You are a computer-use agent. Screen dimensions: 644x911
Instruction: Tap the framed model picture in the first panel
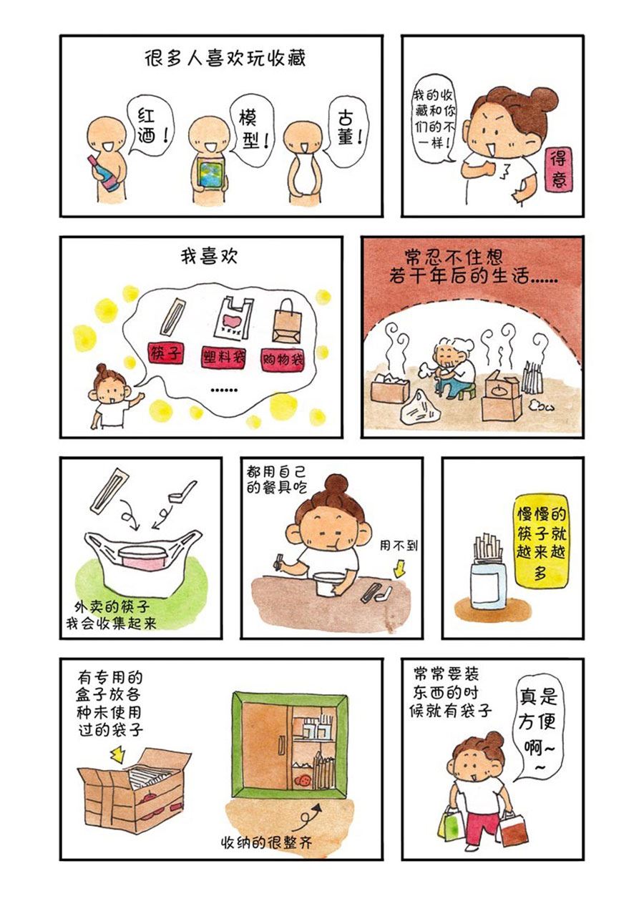tap(210, 174)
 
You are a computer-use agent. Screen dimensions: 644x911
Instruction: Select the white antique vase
tap(303, 175)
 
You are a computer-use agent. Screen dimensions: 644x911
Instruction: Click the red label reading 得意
tap(559, 168)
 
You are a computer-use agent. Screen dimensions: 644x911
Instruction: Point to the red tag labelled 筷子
tap(165, 354)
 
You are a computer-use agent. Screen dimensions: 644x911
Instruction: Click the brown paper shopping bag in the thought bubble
tap(288, 322)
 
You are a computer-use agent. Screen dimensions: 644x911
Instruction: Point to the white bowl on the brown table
tap(330, 584)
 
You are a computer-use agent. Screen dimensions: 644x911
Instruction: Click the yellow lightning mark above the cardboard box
tap(118, 754)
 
